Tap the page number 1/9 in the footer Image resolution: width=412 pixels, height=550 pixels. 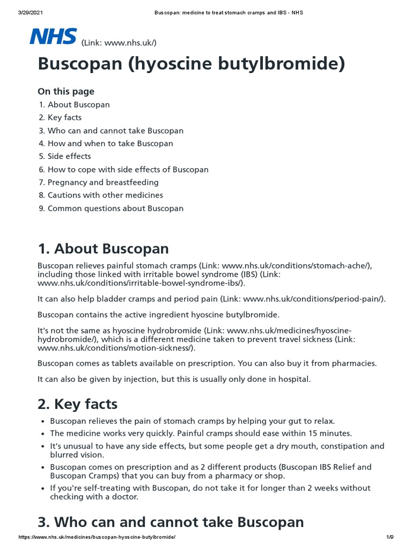coord(390,537)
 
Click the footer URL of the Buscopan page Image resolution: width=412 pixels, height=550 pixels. coord(97,537)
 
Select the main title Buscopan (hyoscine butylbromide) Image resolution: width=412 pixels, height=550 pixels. coord(192,64)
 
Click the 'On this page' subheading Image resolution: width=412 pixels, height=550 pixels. coord(66,91)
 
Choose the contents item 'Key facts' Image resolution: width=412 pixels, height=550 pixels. coord(64,118)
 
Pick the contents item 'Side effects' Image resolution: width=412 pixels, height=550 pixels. coord(69,156)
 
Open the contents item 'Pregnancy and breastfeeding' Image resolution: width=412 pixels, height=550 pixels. coord(103,182)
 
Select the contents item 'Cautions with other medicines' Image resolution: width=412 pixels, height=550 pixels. coord(105,195)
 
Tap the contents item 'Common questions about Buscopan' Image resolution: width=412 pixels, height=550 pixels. coord(115,208)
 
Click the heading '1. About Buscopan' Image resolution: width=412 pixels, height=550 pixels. coord(103,249)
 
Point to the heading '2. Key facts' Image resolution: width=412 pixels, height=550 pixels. coord(78,403)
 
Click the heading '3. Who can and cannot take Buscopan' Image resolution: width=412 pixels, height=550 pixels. coord(171,522)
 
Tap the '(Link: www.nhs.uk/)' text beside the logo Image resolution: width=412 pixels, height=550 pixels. coord(119,42)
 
